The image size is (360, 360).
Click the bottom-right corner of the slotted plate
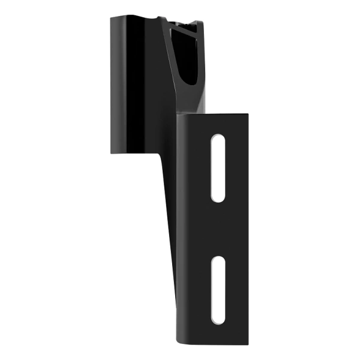point(248,344)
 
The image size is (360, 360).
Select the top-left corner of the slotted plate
point(178,118)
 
